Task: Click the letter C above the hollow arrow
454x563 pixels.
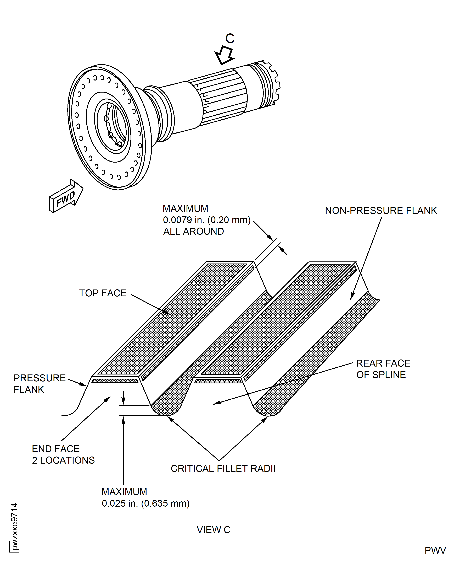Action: click(x=230, y=39)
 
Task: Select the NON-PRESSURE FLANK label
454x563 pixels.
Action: click(x=381, y=211)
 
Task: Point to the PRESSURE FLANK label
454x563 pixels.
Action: click(x=39, y=384)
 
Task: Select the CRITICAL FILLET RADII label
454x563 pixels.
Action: click(x=223, y=468)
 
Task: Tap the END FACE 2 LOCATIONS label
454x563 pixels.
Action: click(x=63, y=454)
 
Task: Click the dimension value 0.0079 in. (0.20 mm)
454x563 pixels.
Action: click(x=207, y=220)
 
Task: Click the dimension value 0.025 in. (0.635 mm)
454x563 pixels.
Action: click(x=145, y=503)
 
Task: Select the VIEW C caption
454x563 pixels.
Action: click(x=213, y=530)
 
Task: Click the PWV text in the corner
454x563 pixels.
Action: click(x=435, y=550)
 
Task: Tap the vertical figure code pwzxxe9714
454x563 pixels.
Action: click(x=14, y=526)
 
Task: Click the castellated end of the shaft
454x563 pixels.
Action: click(x=272, y=84)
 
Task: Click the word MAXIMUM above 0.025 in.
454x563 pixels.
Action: click(x=124, y=492)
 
